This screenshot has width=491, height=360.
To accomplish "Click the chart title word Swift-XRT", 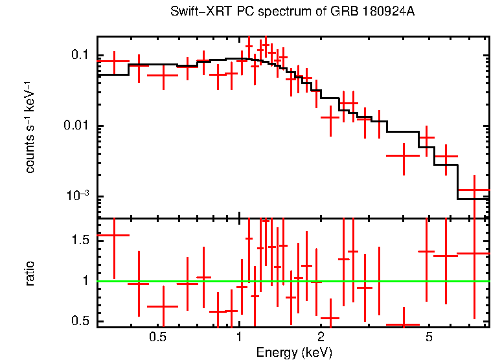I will point(193,12).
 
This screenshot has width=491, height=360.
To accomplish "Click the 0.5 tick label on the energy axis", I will point(157,338).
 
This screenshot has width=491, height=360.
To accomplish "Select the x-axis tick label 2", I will point(321,338).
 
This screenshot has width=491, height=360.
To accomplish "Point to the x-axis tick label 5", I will point(429,338).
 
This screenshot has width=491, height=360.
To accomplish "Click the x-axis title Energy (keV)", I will point(294,352).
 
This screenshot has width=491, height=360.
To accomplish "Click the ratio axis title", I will point(30,273).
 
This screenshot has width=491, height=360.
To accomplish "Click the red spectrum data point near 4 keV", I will point(403,155).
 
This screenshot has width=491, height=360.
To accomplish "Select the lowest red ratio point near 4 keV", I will point(403,324).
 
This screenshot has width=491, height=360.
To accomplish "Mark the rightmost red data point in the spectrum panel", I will point(474,190).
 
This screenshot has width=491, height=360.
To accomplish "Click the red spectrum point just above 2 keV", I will point(330,117).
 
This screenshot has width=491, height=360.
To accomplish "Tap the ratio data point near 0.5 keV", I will point(163,306).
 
